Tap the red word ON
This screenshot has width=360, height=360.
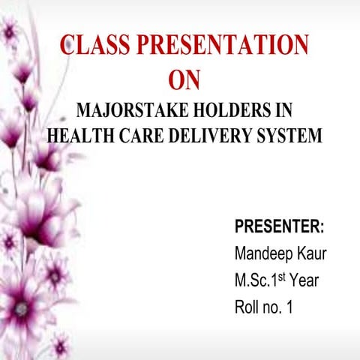pos(185,80)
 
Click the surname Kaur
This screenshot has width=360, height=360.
pos(313,253)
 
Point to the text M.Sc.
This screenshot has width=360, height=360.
pos(252,280)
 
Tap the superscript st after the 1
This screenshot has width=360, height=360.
pos(282,276)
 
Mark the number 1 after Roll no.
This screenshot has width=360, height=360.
pos(289,307)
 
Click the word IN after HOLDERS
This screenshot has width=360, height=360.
pos(281,111)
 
